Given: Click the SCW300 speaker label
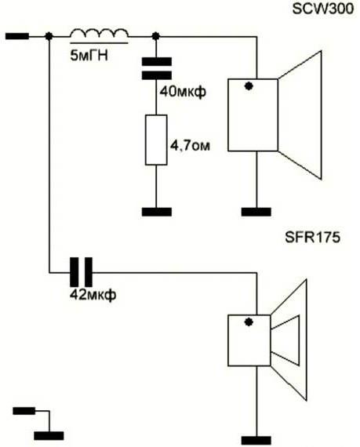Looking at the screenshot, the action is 323,9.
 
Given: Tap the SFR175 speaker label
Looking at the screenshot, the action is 313,237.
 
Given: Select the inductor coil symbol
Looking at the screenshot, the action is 99,34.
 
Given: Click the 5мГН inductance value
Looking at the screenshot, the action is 89,56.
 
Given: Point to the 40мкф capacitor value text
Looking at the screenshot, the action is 183,92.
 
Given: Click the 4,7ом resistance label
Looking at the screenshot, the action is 190,146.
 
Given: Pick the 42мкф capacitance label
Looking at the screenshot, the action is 93,295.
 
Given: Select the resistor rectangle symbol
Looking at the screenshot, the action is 156,140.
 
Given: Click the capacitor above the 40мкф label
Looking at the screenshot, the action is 157,68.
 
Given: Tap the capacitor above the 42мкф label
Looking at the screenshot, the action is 82,272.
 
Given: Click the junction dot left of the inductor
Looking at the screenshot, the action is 49,36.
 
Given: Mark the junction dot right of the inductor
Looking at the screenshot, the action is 155,36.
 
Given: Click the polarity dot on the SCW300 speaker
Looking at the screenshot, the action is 249,86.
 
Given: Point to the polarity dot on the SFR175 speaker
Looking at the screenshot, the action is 249,322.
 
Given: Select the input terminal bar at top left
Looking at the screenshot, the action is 17,36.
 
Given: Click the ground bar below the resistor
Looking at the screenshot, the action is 157,212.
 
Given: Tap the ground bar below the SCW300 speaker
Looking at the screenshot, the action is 256,212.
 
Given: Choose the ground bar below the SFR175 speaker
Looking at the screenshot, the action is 256,440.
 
